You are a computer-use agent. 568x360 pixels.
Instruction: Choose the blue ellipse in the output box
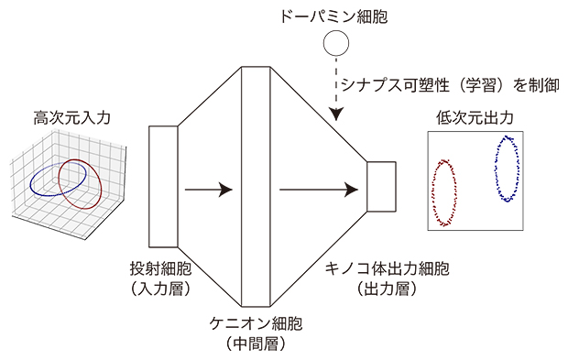[506, 169]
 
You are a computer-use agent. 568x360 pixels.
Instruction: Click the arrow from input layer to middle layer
[208, 191]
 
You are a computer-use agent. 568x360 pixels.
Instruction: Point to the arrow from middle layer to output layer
[317, 191]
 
